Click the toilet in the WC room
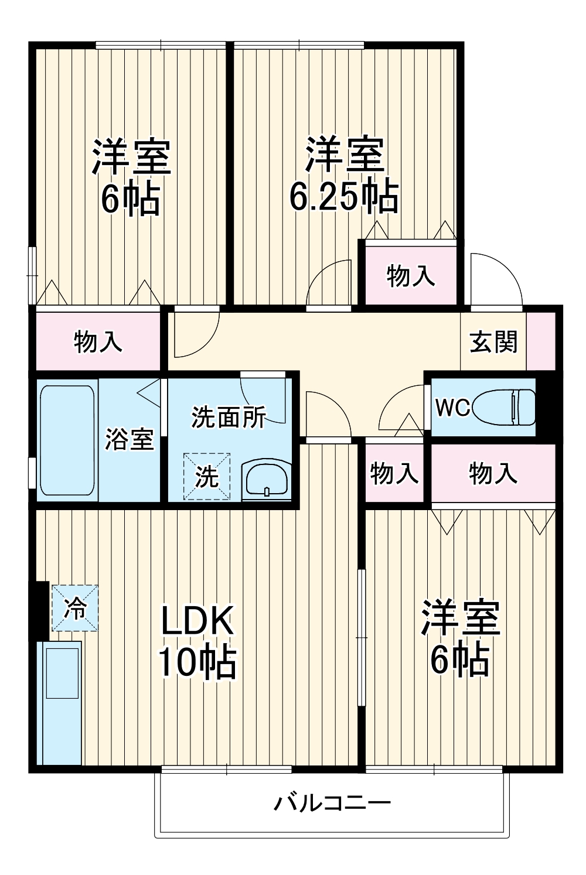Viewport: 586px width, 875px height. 504,407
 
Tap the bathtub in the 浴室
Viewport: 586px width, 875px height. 67,439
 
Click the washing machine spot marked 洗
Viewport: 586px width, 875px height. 206,477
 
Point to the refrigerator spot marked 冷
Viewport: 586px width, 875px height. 74,608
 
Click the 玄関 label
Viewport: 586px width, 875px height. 493,342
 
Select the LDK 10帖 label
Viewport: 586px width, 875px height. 197,641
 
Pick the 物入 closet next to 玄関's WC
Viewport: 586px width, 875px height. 492,473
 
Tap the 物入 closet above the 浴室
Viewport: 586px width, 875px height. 98,341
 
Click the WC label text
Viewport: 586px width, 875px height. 451,408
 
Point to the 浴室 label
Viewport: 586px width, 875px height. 129,439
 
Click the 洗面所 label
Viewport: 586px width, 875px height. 229,417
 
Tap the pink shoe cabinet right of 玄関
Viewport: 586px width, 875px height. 540,342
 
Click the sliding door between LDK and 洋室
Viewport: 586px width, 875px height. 362,638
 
